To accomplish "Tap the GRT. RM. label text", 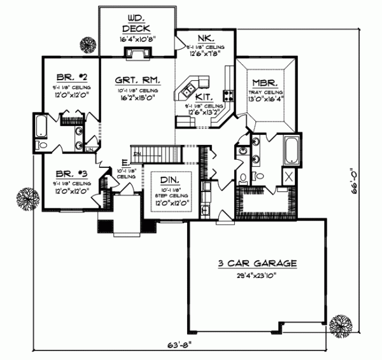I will pyautogui.click(x=137, y=81).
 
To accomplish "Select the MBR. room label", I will pyautogui.click(x=263, y=83).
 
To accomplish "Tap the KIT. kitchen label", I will pyautogui.click(x=204, y=96).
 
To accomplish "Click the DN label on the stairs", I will pyautogui.click(x=136, y=155).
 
